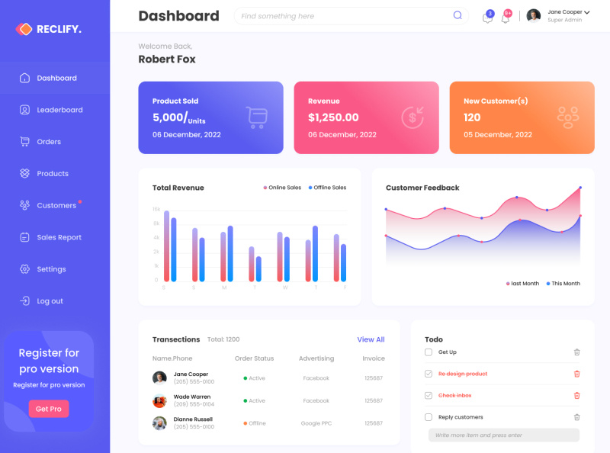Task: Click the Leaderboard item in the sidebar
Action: (59, 110)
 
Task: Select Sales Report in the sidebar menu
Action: (59, 237)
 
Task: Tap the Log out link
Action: (50, 301)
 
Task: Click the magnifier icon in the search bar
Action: (457, 15)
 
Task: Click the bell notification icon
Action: (506, 18)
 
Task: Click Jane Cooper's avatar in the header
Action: (534, 15)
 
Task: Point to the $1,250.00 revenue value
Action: (333, 117)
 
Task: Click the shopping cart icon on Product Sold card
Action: (257, 117)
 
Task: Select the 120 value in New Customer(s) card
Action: (472, 117)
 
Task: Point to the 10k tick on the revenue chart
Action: (156, 209)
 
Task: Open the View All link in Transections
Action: (371, 339)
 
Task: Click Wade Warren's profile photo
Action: (159, 400)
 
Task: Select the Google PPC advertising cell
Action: (316, 423)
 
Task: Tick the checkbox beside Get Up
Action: (429, 352)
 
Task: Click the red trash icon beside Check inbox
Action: (576, 395)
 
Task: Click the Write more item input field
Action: (503, 435)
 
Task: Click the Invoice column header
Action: (374, 358)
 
